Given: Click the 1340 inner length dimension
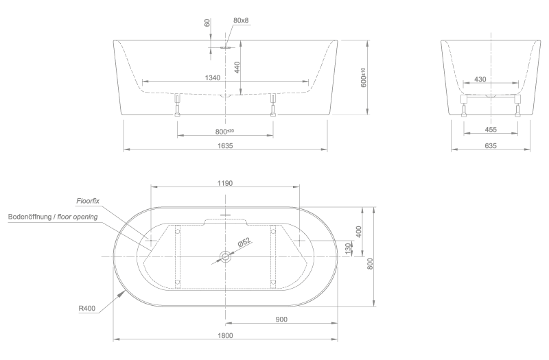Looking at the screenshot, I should tap(213, 78).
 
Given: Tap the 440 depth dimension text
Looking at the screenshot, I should tap(237, 67).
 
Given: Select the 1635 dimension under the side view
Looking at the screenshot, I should tap(225, 145).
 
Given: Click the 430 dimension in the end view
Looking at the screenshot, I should tap(480, 79).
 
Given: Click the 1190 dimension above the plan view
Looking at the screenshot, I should tap(224, 182).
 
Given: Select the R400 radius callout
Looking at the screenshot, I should tap(86, 309).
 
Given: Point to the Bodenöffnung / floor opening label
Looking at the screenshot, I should tap(53, 217).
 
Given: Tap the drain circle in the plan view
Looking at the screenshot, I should tap(225, 256).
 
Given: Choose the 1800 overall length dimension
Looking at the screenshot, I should tap(224, 335).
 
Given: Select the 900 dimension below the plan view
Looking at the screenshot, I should tap(281, 319).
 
